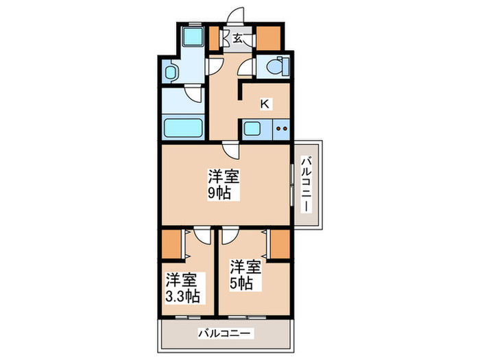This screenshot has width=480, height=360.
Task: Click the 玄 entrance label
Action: (237, 38)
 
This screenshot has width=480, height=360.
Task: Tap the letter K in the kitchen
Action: (264, 104)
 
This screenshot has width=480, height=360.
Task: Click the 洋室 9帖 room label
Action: (224, 184)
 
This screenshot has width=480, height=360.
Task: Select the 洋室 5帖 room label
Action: (245, 274)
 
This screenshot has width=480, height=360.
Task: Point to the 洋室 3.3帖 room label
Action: (182, 288)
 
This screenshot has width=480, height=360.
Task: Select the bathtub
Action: (183, 128)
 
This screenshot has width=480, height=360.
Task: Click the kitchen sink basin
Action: (252, 128)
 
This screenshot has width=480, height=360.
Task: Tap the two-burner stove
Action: (280, 128)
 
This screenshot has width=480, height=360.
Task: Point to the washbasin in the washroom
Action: (171, 71)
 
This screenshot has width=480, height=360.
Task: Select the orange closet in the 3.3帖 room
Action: (172, 243)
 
